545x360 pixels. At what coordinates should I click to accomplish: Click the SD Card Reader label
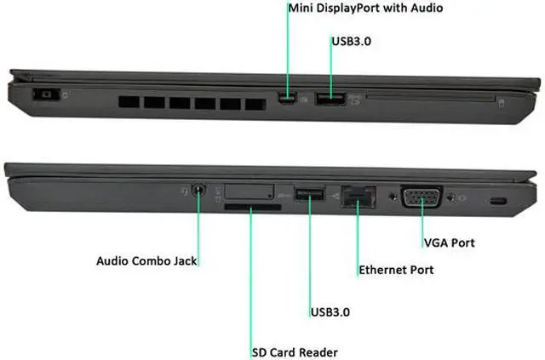coord(295,351)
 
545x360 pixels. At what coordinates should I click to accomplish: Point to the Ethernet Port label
coord(396,270)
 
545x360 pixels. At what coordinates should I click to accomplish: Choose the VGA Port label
coord(449,243)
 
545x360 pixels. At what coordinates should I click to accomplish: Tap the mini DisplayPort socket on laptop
coord(289,99)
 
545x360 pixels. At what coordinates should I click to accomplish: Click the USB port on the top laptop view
coord(330,99)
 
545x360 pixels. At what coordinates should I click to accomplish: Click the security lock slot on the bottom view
coord(498,201)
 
